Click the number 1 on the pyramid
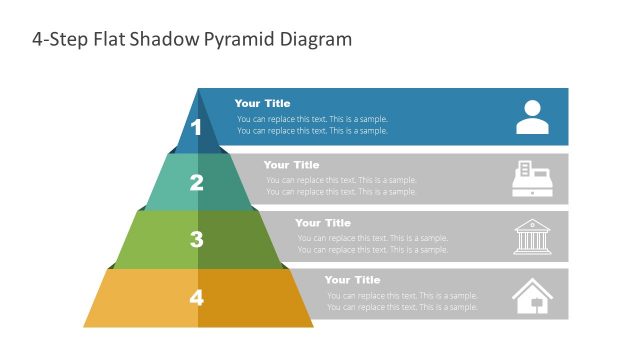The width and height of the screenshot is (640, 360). tap(196, 127)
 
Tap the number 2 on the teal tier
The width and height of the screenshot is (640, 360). tap(196, 183)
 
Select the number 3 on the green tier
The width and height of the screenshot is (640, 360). tap(196, 239)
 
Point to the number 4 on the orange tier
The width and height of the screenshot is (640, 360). tap(196, 297)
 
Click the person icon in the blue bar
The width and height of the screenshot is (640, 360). tap(532, 117)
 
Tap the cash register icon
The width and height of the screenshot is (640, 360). tap(532, 178)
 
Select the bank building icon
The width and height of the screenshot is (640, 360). tap(532, 236)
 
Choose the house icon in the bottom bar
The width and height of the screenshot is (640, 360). tap(532, 295)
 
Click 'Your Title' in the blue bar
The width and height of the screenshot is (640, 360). tap(262, 103)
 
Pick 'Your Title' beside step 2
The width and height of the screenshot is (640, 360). tap(291, 165)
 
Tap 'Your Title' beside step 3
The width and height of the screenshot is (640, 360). tap(323, 223)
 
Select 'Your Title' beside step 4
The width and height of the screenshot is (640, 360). tap(352, 280)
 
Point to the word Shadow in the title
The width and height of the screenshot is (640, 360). tap(177, 40)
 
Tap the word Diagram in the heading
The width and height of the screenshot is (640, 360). tap(319, 40)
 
